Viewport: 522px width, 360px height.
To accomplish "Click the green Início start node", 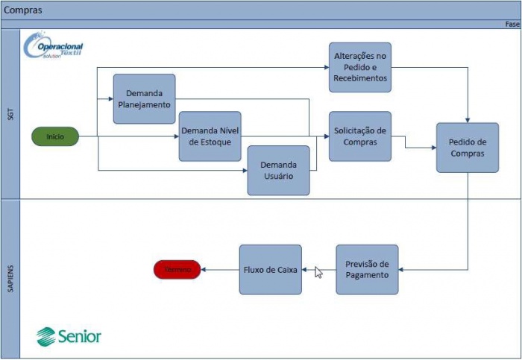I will click(x=54, y=136).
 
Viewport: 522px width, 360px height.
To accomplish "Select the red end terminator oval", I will click(x=177, y=269).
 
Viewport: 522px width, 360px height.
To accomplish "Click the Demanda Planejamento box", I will click(x=144, y=99).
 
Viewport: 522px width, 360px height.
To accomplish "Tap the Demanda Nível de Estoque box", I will click(x=210, y=136).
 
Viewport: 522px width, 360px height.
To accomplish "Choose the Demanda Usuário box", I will click(x=278, y=170).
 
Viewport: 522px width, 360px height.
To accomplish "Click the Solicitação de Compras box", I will click(x=359, y=136).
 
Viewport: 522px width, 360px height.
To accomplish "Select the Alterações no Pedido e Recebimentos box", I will click(x=360, y=67).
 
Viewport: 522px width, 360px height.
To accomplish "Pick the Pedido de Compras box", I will click(x=468, y=148).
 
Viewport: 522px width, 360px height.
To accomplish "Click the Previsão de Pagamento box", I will click(x=367, y=269).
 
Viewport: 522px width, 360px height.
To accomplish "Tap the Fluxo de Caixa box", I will click(x=270, y=269).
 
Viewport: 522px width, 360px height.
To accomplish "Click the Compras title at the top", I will click(x=23, y=10).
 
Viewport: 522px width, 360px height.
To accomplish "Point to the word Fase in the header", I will click(x=512, y=24).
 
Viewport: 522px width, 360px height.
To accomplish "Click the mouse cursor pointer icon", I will click(x=318, y=272).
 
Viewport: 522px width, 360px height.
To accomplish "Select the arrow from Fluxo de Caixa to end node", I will click(x=220, y=269).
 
